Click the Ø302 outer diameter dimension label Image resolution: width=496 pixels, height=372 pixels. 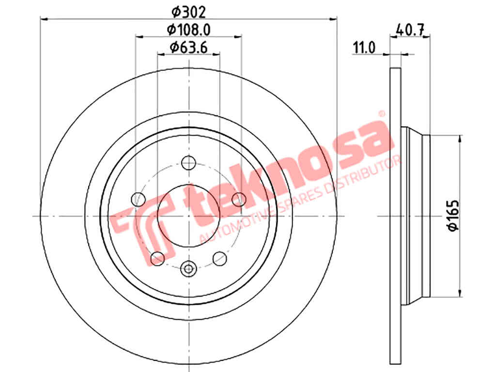pos(188,12)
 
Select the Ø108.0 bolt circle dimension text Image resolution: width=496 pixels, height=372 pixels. pos(188,30)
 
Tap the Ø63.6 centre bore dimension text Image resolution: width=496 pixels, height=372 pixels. pos(188,47)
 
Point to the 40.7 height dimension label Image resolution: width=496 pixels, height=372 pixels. pos(410,30)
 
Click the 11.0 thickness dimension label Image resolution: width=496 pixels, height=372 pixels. pos(364,48)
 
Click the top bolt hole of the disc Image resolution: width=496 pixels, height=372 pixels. pos(189,163)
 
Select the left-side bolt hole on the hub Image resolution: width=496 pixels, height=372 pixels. pos(138,199)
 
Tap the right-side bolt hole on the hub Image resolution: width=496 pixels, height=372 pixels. pos(239,199)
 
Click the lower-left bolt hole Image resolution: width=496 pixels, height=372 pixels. pos(157,259)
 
